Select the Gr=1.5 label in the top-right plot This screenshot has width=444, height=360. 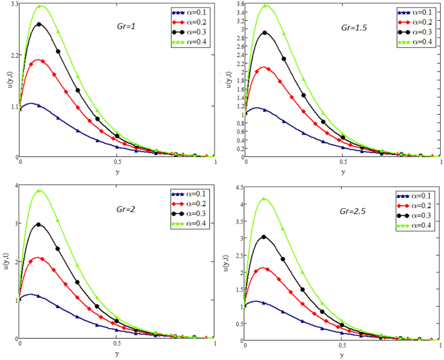coord(353,29)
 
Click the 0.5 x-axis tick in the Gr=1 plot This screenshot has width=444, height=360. coord(117,162)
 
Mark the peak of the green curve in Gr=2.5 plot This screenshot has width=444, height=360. coord(264,198)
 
